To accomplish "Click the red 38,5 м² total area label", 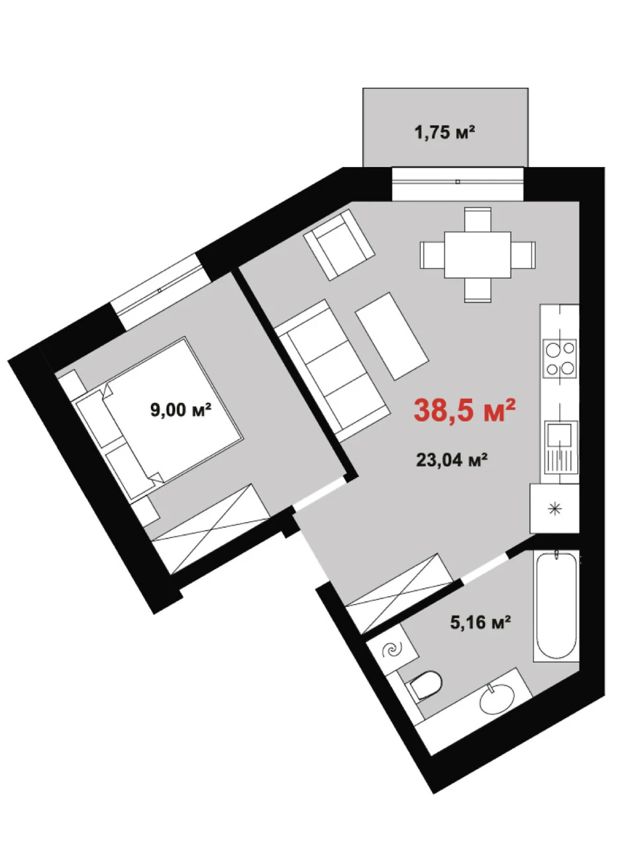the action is point(464,409).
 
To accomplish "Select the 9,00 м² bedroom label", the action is point(181,409).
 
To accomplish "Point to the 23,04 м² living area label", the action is point(451,460).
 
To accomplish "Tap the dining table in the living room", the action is point(478,254).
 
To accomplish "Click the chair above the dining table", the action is point(478,219).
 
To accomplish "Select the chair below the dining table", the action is point(478,290).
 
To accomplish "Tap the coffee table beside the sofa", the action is point(392,336).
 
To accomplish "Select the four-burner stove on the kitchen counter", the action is point(560,359).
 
